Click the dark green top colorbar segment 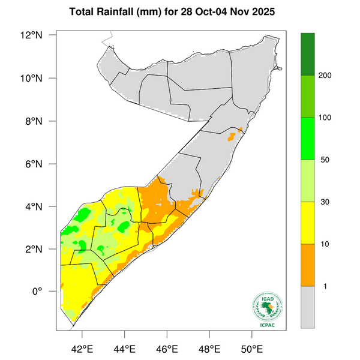pyautogui.click(x=308, y=54)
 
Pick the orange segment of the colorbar pyautogui.click(x=308, y=265)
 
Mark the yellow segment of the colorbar pyautogui.click(x=308, y=223)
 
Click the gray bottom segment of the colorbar pyautogui.click(x=308, y=307)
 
